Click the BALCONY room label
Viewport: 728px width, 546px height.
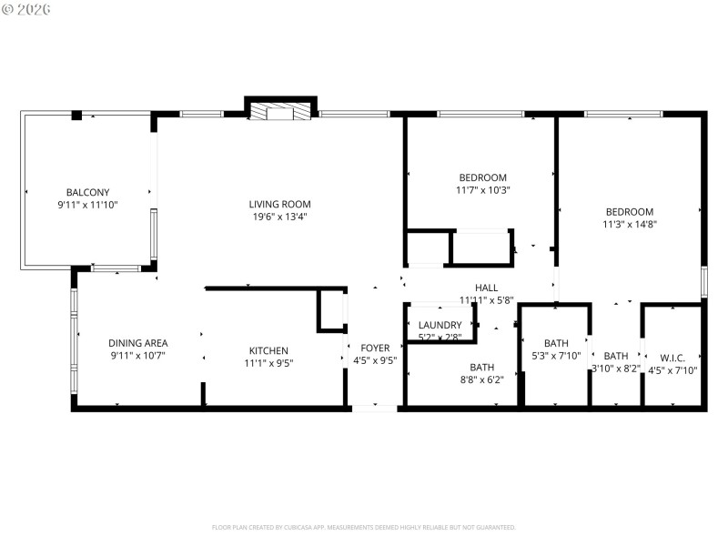[87, 192]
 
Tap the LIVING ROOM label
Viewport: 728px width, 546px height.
[280, 204]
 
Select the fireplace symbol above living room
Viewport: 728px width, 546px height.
[281, 112]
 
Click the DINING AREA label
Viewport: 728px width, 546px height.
[138, 343]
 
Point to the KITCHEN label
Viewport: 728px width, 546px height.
[268, 350]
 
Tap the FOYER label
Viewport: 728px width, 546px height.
[375, 348]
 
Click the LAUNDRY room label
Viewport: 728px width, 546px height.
[440, 325]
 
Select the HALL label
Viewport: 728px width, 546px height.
[486, 287]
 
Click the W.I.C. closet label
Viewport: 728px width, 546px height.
[672, 357]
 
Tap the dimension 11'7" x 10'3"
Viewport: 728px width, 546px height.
[482, 190]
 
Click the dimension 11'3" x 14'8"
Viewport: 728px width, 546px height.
[629, 224]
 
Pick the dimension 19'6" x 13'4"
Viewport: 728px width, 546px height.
[280, 217]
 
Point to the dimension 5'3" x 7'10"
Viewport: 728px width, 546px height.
[556, 356]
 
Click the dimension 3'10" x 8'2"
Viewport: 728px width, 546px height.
[616, 369]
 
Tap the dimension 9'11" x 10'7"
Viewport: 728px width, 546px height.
[138, 356]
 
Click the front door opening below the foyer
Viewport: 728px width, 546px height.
[375, 408]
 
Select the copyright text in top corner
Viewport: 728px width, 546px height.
[26, 8]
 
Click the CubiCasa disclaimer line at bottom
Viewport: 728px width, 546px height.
[364, 527]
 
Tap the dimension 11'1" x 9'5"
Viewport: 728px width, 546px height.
[268, 363]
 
